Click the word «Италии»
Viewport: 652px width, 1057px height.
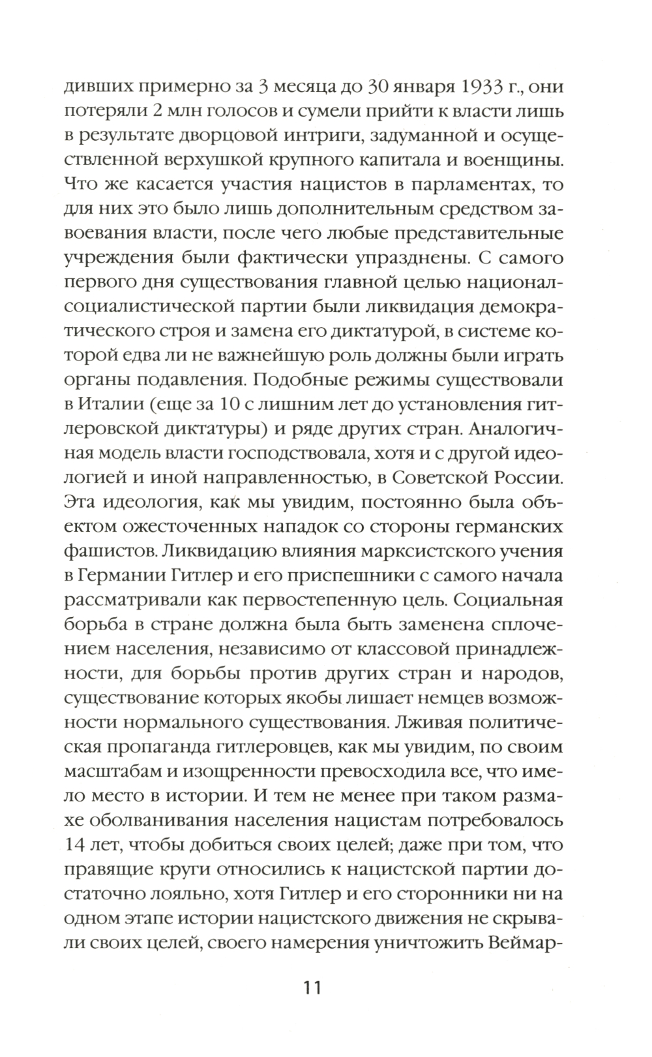(112, 406)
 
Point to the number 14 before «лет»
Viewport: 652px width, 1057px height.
(81, 846)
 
